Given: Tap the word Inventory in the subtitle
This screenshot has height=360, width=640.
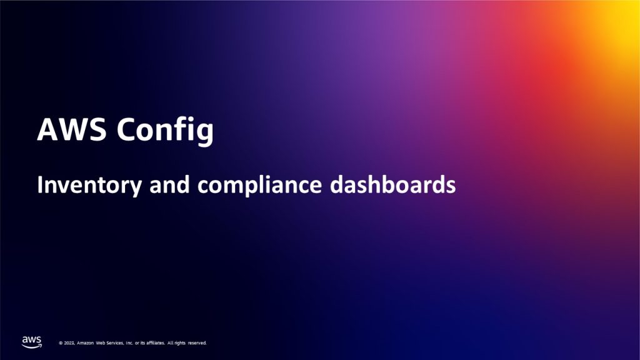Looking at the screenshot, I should (x=84, y=186).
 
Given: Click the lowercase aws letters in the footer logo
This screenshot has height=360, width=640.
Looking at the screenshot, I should (x=31, y=339).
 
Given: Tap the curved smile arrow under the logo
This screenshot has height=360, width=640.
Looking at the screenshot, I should (x=32, y=346).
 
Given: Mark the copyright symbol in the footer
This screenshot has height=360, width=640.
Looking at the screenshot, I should (x=61, y=343).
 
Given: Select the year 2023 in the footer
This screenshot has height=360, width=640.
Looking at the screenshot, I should (x=69, y=343).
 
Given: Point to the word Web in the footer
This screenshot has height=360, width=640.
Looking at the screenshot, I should (x=102, y=343).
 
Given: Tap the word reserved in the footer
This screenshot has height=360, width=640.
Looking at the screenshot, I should (x=196, y=343).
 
